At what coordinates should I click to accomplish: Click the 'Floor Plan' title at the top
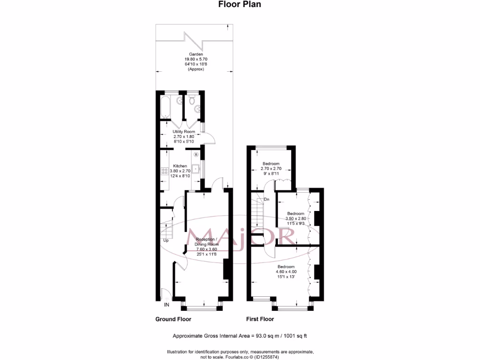click(240, 4)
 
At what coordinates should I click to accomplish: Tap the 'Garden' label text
click(193, 54)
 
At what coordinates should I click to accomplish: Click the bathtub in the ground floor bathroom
click(165, 107)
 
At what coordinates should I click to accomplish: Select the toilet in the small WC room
click(191, 101)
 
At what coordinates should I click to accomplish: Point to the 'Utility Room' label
click(183, 132)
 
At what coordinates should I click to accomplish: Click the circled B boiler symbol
click(196, 154)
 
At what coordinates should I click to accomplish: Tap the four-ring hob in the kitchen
click(165, 171)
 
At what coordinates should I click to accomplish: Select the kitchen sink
click(197, 170)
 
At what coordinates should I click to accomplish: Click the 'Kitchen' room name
click(180, 166)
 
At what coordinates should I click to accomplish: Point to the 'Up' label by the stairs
click(165, 240)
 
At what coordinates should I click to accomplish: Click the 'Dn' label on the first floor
click(266, 200)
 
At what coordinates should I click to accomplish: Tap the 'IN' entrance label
click(166, 305)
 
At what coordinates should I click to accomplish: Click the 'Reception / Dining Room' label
click(207, 241)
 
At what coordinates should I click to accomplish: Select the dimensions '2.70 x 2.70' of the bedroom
click(270, 168)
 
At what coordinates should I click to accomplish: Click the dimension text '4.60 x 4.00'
click(287, 271)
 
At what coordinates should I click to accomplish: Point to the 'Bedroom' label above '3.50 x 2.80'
click(296, 214)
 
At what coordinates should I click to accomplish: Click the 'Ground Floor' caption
click(173, 319)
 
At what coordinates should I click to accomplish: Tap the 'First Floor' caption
click(260, 319)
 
